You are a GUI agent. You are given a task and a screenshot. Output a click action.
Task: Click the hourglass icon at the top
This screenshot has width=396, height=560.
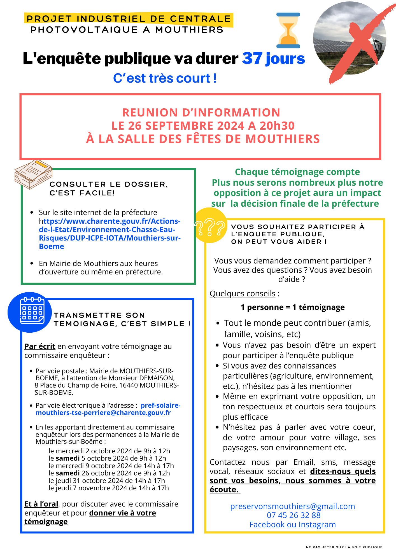(288, 30)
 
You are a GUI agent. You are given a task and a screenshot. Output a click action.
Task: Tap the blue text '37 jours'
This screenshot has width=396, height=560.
(273, 59)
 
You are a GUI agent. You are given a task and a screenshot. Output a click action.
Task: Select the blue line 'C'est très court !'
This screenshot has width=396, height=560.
(165, 78)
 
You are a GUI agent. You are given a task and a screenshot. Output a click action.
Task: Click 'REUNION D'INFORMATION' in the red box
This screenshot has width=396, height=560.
(201, 113)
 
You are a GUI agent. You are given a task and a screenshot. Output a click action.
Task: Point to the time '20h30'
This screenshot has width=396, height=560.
(277, 126)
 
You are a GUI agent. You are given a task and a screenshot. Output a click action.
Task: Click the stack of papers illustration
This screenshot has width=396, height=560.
(33, 174)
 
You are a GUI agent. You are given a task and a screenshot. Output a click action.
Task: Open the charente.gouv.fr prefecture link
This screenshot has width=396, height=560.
(110, 234)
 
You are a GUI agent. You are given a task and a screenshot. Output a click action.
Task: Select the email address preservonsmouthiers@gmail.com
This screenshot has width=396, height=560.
(292, 506)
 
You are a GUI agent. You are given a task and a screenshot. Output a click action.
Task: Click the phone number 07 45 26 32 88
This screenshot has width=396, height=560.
(293, 515)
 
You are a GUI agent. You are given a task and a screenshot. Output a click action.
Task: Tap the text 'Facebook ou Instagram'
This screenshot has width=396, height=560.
(292, 524)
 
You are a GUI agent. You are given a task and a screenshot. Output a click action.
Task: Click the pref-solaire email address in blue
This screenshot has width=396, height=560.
(108, 409)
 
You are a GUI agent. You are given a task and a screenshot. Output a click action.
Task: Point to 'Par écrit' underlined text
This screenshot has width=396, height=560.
(40, 346)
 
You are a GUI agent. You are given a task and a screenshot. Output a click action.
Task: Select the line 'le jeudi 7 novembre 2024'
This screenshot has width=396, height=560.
(109, 488)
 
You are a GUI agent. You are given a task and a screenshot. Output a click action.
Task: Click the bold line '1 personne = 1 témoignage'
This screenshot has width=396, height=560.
(292, 307)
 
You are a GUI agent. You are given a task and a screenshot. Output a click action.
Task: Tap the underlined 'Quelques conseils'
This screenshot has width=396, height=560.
(243, 293)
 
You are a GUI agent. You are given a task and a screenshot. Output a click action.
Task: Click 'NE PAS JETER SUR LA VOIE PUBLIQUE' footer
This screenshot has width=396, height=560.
(344, 547)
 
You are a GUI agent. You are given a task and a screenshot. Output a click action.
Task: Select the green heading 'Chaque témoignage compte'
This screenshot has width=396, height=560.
(297, 172)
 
